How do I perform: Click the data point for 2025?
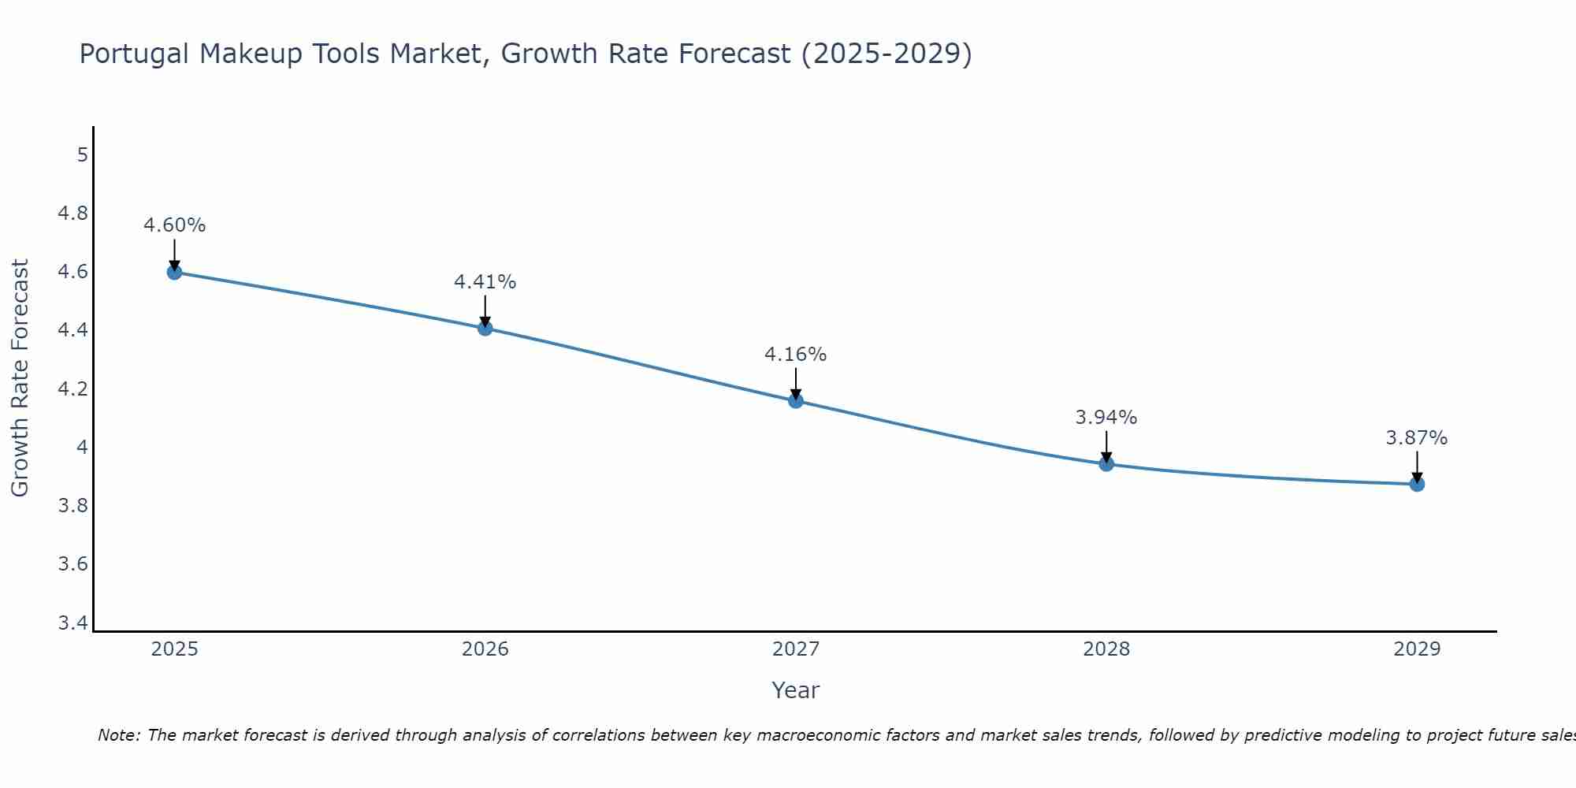174,272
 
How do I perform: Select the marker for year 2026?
485,328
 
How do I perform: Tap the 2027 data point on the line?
796,400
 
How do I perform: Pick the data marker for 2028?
1106,463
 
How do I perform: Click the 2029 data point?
1417,484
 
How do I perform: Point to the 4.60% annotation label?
174,225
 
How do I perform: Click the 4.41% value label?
485,282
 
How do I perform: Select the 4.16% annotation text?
796,355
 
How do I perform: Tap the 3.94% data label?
1106,418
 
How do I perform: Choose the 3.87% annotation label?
1417,438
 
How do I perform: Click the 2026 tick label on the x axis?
485,649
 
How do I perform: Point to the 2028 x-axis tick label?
1106,649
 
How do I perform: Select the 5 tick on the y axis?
82,154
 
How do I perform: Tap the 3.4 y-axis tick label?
73,623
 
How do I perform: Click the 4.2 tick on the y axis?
73,388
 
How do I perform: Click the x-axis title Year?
796,690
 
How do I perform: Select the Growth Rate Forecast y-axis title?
20,377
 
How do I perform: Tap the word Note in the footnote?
118,735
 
